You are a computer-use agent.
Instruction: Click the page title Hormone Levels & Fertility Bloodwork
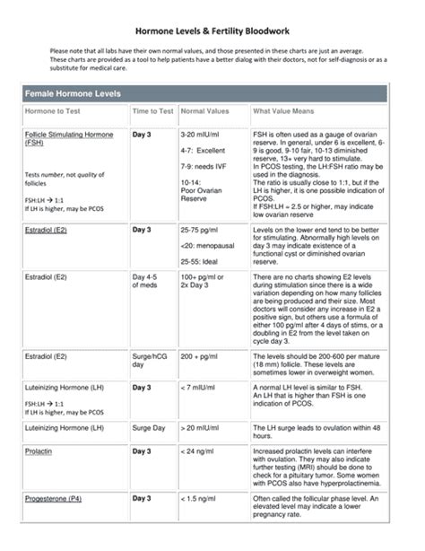point(212,29)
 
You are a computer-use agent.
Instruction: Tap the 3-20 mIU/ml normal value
point(200,134)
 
